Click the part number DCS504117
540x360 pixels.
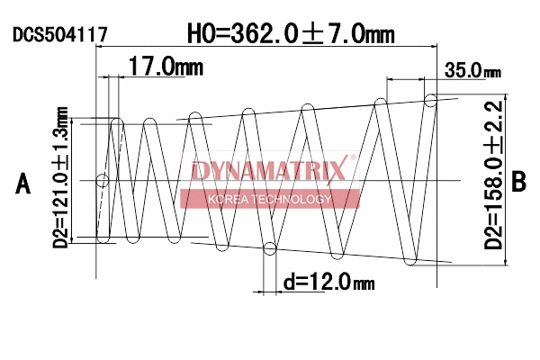(60, 36)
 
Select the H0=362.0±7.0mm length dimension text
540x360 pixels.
(291, 34)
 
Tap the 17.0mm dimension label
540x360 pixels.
(166, 67)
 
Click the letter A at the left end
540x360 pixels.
(23, 184)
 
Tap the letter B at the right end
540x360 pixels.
(518, 183)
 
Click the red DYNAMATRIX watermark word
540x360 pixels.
(270, 170)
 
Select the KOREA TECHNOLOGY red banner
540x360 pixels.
(269, 199)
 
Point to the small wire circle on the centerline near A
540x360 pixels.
(101, 179)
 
